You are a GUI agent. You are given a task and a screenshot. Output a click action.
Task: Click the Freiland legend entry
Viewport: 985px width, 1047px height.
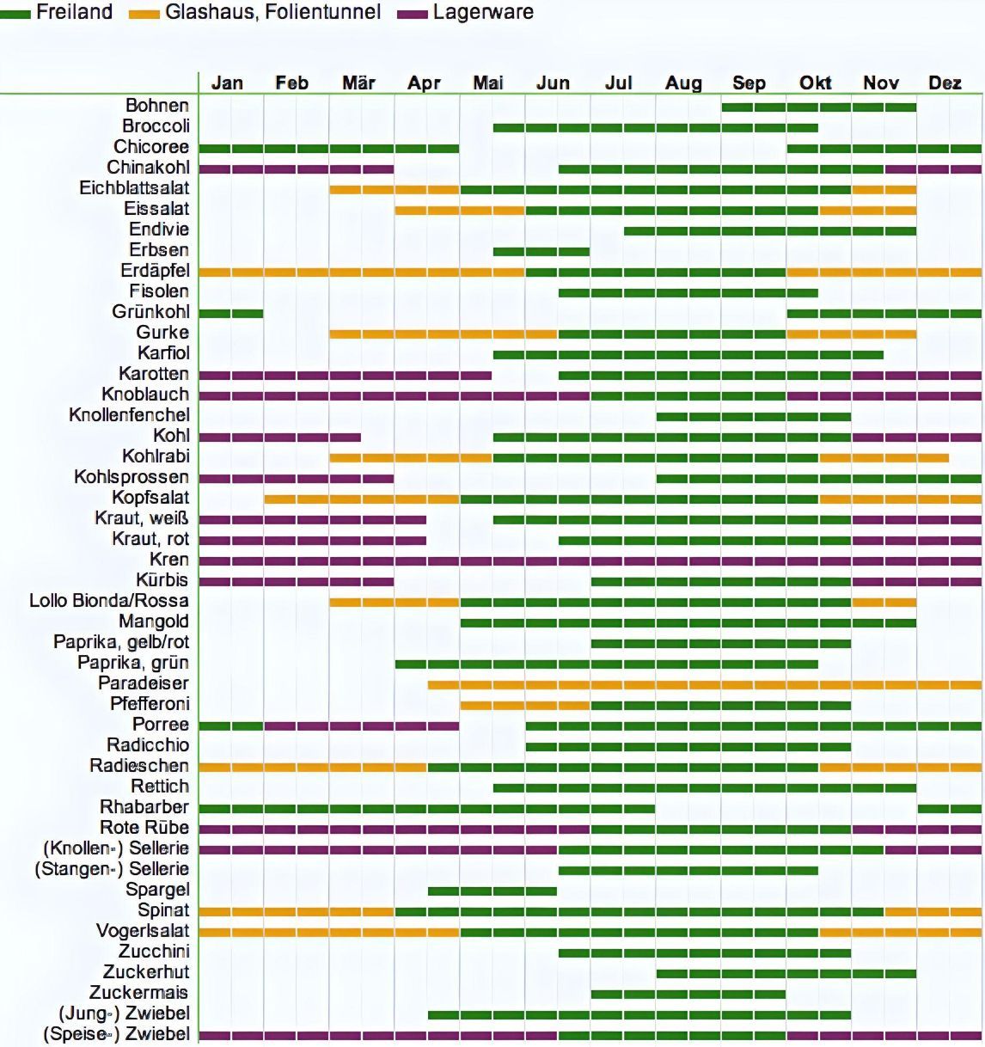pyautogui.click(x=73, y=12)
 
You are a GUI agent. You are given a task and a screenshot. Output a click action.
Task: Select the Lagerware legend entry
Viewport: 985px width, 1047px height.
pyautogui.click(x=482, y=12)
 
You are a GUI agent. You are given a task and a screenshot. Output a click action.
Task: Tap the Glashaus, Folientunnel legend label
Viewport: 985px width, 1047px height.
pyautogui.click(x=272, y=12)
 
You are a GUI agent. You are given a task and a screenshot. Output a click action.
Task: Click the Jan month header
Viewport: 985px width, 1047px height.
pyautogui.click(x=227, y=83)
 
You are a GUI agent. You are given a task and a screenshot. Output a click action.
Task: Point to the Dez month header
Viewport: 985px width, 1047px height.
pyautogui.click(x=945, y=83)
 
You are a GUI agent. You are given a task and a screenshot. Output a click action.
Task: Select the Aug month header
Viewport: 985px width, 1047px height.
pyautogui.click(x=683, y=83)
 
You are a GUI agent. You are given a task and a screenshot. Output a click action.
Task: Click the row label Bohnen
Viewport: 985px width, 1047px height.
pyautogui.click(x=157, y=105)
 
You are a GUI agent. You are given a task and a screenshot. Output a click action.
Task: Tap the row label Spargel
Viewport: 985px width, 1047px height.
pyautogui.click(x=157, y=890)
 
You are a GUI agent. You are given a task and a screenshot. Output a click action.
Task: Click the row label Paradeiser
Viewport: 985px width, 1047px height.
pyautogui.click(x=144, y=683)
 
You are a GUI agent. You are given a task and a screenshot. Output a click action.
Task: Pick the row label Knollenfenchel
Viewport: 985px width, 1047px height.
pyautogui.click(x=129, y=415)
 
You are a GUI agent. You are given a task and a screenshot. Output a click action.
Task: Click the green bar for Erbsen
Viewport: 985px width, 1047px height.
pyautogui.click(x=541, y=251)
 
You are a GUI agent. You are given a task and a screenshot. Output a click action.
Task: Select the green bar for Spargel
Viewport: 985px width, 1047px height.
pyautogui.click(x=492, y=891)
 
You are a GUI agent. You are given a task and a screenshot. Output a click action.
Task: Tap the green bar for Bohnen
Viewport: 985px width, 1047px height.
pyautogui.click(x=818, y=107)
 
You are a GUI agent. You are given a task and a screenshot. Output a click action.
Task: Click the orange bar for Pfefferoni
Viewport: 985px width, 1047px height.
pyautogui.click(x=524, y=705)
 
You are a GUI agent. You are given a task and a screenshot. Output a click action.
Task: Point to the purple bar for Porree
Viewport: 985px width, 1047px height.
pyautogui.click(x=361, y=726)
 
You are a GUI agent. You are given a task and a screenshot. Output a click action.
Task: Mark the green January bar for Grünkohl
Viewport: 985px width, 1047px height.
pyautogui.click(x=230, y=313)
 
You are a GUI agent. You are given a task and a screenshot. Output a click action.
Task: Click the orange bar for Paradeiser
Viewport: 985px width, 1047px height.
pyautogui.click(x=705, y=684)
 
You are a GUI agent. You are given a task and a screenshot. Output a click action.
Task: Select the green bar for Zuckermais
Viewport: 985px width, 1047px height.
pyautogui.click(x=688, y=994)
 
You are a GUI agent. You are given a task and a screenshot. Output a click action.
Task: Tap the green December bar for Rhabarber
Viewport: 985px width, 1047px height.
pyautogui.click(x=949, y=808)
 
